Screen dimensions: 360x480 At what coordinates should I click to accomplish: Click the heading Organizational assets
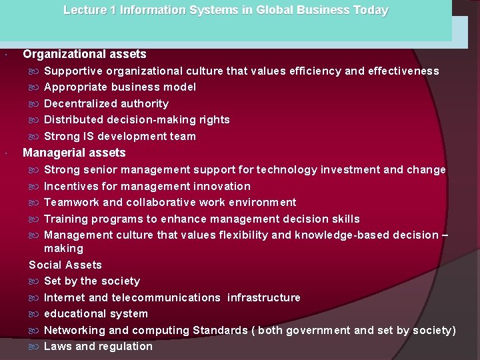(85, 54)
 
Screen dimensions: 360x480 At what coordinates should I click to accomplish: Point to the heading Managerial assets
(74, 153)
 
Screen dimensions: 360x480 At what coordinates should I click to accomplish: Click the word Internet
(64, 297)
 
